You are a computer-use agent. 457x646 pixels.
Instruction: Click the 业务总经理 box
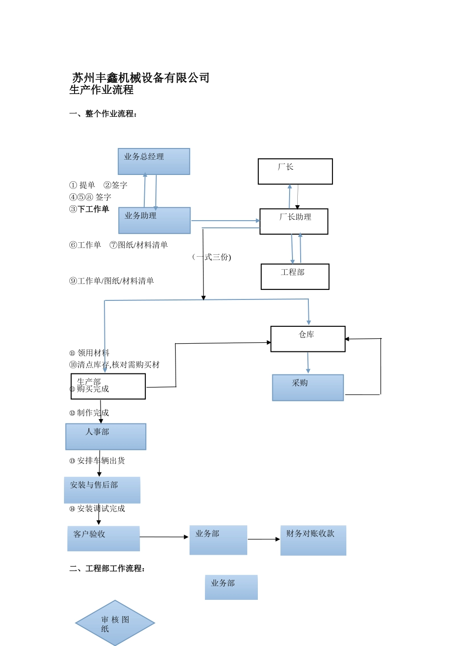(154, 161)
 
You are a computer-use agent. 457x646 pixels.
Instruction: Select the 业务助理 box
(154, 221)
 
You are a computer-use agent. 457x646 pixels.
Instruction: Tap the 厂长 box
(295, 172)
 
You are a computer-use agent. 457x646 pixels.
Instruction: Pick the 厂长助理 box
(294, 222)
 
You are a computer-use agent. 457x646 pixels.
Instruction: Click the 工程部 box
(295, 277)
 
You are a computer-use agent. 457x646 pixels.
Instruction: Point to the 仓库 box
(308, 339)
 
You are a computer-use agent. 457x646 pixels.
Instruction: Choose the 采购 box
(308, 388)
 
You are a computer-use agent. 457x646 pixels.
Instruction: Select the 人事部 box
(106, 437)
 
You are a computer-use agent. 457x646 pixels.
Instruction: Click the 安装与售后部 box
(102, 490)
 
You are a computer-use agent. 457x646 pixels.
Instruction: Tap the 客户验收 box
(103, 539)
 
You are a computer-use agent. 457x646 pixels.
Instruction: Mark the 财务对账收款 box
(313, 541)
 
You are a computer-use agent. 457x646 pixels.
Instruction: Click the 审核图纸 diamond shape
(115, 623)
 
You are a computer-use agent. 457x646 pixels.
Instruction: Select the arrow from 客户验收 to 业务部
(164, 537)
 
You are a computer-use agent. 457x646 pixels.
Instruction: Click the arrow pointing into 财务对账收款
(264, 539)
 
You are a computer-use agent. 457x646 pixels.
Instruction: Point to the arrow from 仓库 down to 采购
(308, 363)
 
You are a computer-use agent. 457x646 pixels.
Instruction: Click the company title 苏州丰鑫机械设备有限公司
(140, 78)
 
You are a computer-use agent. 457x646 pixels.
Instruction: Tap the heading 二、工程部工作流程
(107, 569)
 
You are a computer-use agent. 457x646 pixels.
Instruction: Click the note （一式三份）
(212, 257)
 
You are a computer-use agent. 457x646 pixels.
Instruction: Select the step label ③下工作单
(89, 209)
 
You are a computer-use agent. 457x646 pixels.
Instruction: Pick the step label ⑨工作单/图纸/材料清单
(111, 281)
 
